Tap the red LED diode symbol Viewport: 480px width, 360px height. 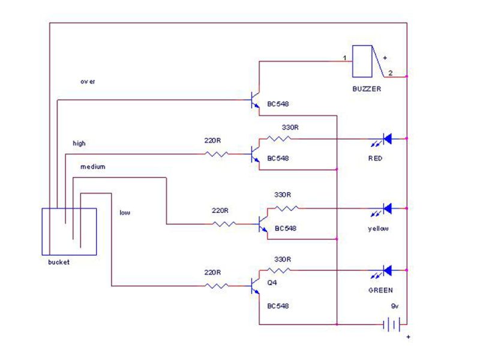[x=386, y=139]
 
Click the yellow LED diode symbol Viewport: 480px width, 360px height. [x=386, y=208]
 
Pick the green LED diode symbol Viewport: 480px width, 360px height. [x=386, y=270]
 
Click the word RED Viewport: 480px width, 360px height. [x=376, y=159]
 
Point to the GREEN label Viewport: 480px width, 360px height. [x=380, y=290]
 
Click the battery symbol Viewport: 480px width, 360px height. [x=392, y=325]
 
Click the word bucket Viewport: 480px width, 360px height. [x=59, y=262]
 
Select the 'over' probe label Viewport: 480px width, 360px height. [x=88, y=81]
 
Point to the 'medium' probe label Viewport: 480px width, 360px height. [x=93, y=167]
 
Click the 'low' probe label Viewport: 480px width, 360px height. [x=124, y=212]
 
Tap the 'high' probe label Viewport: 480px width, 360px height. [x=79, y=143]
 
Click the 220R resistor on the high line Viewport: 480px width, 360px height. [x=216, y=154]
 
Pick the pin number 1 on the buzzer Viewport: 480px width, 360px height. [x=344, y=58]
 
